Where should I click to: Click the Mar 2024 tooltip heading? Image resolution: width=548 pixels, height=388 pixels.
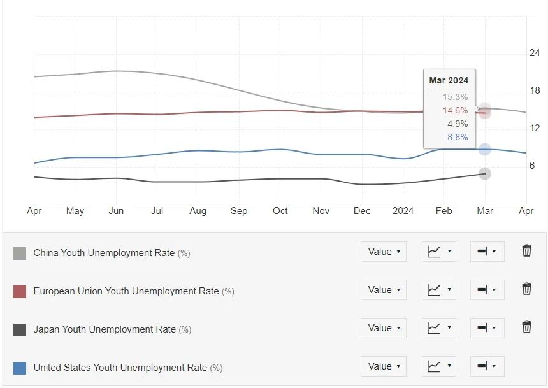pyautogui.click(x=449, y=80)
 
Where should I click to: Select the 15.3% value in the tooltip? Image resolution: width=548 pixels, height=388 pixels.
pyautogui.click(x=455, y=97)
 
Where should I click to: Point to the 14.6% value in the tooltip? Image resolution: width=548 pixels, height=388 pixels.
pyautogui.click(x=455, y=110)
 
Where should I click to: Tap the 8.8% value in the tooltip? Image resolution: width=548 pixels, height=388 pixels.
pyautogui.click(x=458, y=137)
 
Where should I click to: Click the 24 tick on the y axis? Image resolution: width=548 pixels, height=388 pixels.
pyautogui.click(x=535, y=53)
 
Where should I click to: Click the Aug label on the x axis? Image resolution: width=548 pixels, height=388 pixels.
pyautogui.click(x=198, y=211)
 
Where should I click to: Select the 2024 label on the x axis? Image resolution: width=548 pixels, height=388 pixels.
pyautogui.click(x=403, y=211)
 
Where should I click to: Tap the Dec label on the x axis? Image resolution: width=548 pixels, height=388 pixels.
pyautogui.click(x=362, y=211)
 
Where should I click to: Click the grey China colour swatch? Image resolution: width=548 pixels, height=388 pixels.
pyautogui.click(x=20, y=254)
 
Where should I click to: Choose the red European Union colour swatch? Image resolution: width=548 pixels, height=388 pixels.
pyautogui.click(x=20, y=292)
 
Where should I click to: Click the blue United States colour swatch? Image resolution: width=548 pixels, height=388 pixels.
pyautogui.click(x=20, y=368)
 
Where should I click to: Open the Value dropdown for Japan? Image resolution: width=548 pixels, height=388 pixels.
pyautogui.click(x=384, y=328)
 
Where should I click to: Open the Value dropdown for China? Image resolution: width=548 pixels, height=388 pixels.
pyautogui.click(x=384, y=252)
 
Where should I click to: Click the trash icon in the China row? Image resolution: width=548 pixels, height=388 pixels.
pyautogui.click(x=527, y=251)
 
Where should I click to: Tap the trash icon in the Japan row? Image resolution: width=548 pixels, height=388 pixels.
pyautogui.click(x=527, y=327)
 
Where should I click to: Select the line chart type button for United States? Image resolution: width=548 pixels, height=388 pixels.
pyautogui.click(x=438, y=366)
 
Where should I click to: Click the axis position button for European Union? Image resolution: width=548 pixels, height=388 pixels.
pyautogui.click(x=487, y=290)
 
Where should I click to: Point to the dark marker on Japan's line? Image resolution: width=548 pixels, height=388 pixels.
pyautogui.click(x=485, y=173)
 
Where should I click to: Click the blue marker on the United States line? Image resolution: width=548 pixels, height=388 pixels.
pyautogui.click(x=485, y=150)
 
